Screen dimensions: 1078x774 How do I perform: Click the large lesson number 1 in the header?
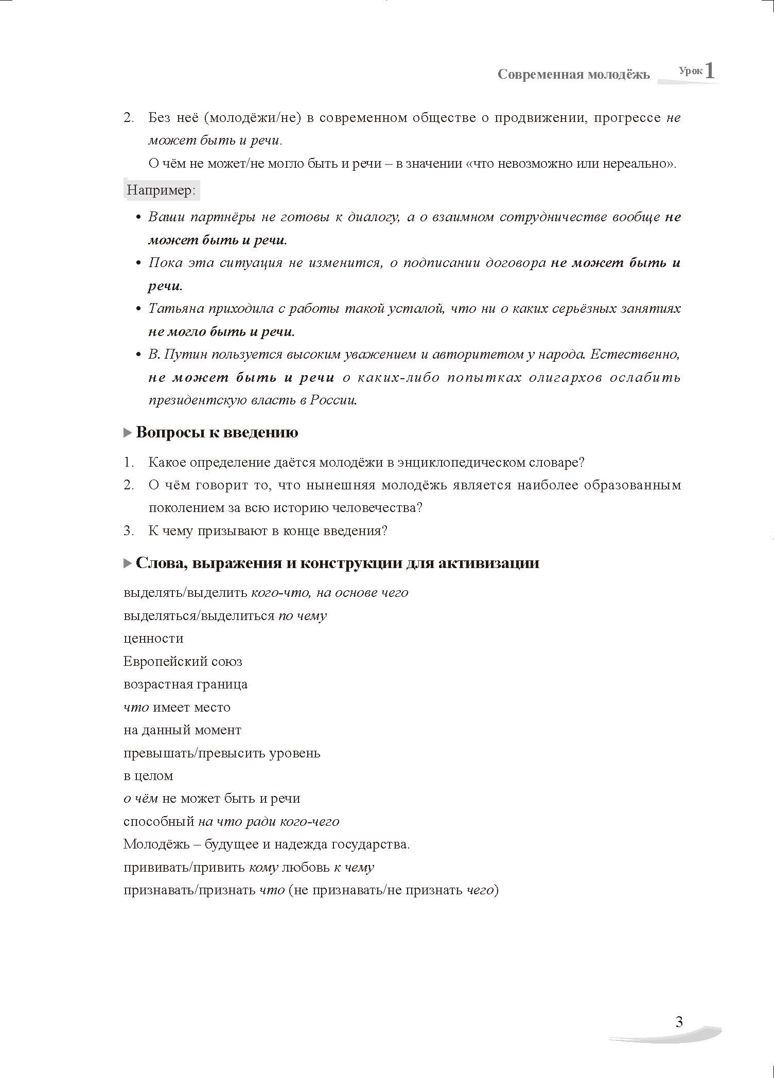coord(710,70)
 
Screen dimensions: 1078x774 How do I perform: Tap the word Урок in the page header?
coord(690,71)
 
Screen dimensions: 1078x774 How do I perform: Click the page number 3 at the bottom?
coord(679,1021)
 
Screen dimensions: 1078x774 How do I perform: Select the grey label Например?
coord(162,190)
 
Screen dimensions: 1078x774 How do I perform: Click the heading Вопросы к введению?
coord(217,432)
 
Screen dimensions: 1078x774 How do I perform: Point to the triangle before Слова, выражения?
coord(128,563)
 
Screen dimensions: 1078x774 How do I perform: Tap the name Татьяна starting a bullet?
coord(175,309)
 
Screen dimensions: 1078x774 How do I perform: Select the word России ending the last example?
coord(333,400)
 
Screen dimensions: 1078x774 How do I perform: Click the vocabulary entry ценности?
coord(153,639)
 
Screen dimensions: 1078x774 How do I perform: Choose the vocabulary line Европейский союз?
coord(183,661)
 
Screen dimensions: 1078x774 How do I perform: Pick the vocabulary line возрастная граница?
coord(185,684)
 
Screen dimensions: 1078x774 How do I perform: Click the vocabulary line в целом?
coord(148,775)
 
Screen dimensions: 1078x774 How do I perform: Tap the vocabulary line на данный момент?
coord(182,730)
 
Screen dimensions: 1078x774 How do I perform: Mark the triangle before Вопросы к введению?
coord(128,433)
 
